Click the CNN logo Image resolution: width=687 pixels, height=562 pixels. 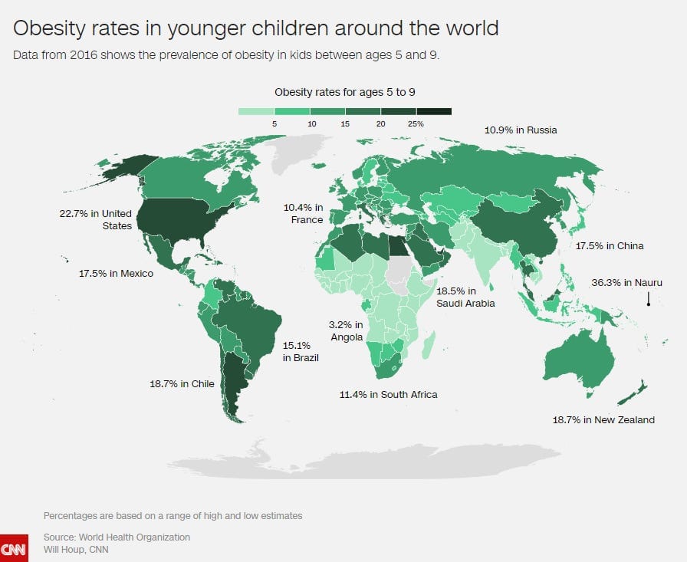pos(14,547)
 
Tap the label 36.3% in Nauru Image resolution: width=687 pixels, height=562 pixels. pos(626,283)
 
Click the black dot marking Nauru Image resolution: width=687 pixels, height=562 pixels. pos(649,304)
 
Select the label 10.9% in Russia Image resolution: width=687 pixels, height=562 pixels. pos(520,130)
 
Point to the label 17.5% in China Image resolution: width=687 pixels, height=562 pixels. pos(610,246)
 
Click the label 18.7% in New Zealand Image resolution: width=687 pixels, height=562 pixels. pos(603,420)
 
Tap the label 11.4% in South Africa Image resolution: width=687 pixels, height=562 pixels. pos(388,395)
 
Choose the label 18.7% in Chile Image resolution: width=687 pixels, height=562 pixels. pos(180,383)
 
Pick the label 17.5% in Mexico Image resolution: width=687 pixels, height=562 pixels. pos(116,274)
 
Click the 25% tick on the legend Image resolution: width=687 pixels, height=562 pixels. pos(416,123)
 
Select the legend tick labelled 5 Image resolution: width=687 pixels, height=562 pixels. pos(274,123)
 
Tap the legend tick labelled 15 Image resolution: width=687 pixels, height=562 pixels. pos(345,123)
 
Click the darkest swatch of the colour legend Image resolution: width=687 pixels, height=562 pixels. pos(433,111)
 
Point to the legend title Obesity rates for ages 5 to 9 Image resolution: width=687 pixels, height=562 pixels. pos(344,92)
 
